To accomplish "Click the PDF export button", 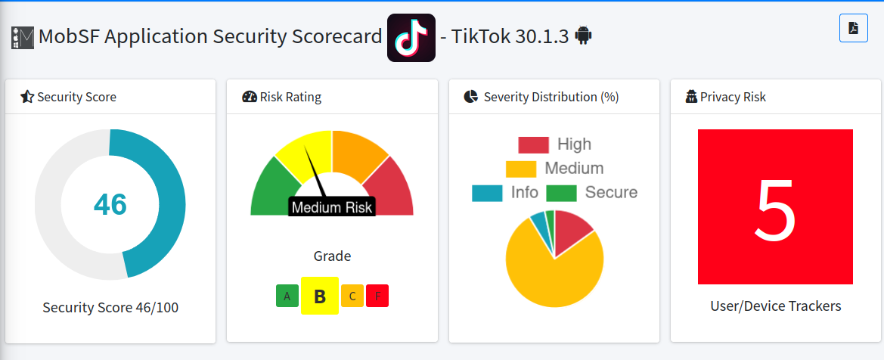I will click(853, 28).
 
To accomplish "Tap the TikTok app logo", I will click(411, 37).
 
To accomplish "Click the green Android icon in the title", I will click(583, 36).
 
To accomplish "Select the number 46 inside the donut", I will click(110, 204).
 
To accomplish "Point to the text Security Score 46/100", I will click(110, 307).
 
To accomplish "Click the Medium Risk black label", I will click(332, 207).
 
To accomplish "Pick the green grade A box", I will click(287, 296).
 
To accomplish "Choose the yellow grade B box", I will click(319, 296).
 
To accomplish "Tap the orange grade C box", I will click(352, 296).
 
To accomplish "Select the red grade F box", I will click(377, 296).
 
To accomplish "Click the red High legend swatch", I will click(533, 144).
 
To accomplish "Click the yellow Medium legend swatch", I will click(520, 169).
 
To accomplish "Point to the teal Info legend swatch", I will click(487, 193).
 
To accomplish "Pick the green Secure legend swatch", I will click(561, 193).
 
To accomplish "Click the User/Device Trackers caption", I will click(775, 306).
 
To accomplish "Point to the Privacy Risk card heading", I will click(732, 97).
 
